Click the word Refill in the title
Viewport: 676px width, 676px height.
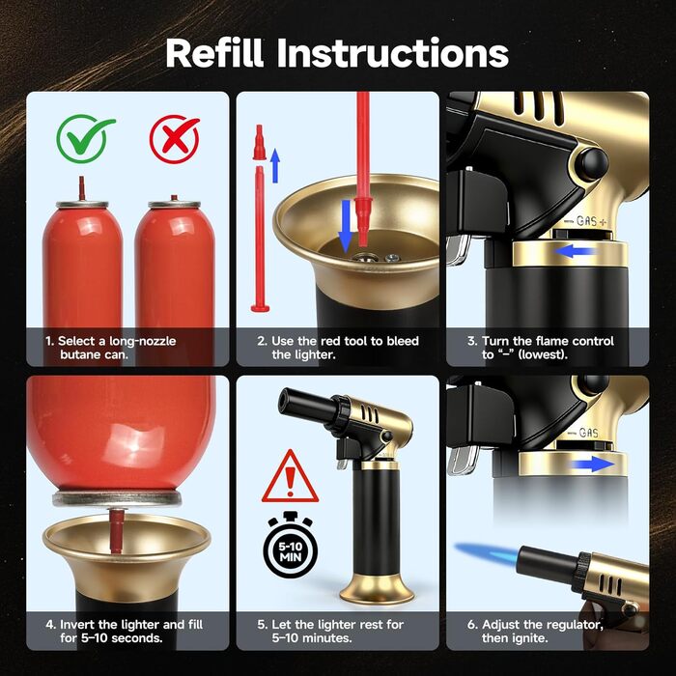click(x=214, y=52)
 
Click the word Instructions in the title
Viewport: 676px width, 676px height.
click(x=393, y=52)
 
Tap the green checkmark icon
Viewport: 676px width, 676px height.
click(x=85, y=138)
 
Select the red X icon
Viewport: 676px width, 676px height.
click(x=175, y=139)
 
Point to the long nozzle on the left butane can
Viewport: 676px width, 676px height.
click(x=81, y=189)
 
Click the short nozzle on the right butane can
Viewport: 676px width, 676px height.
click(x=174, y=198)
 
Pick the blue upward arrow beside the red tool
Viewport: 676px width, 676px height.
click(x=275, y=165)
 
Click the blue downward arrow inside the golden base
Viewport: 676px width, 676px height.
click(x=346, y=226)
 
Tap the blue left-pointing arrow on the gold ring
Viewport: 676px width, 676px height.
click(x=574, y=251)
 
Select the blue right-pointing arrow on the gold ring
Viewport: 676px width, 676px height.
click(x=593, y=465)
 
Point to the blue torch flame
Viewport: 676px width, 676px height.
click(x=488, y=552)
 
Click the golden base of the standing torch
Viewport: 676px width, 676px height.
click(x=377, y=588)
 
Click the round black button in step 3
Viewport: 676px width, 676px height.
click(x=592, y=165)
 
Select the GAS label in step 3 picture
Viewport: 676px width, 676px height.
click(x=587, y=221)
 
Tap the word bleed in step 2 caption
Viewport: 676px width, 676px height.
click(x=403, y=341)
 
